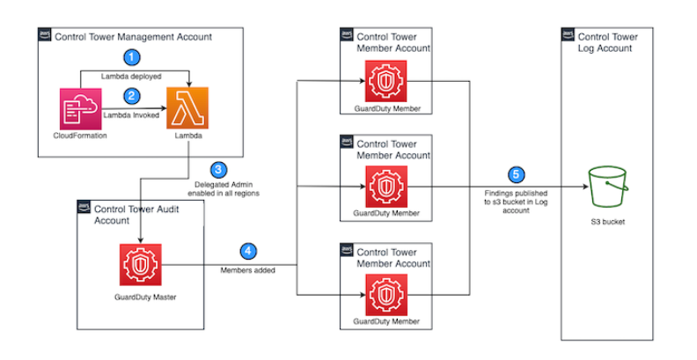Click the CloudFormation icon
(x=79, y=110)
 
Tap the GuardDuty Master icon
(x=142, y=263)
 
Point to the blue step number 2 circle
(x=132, y=95)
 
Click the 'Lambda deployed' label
(x=133, y=77)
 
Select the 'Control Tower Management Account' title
(x=134, y=36)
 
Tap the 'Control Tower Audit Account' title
(x=136, y=214)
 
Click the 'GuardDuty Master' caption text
(x=142, y=298)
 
